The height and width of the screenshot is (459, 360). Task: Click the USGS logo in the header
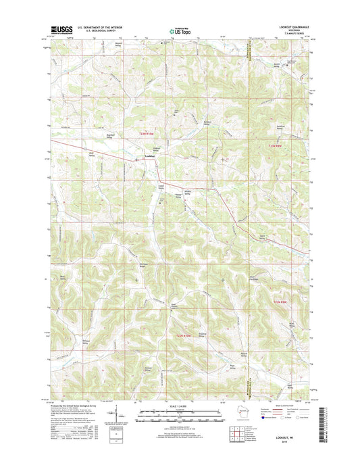pos(58,29)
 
